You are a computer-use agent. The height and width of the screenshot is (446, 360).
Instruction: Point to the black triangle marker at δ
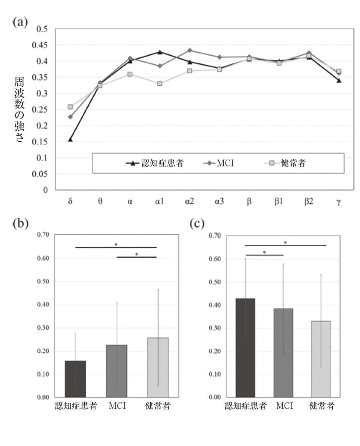(70, 139)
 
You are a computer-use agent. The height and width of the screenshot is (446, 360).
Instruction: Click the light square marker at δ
(70, 107)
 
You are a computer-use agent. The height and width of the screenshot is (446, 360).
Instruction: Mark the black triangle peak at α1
(160, 52)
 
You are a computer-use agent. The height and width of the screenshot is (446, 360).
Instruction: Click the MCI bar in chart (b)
(117, 371)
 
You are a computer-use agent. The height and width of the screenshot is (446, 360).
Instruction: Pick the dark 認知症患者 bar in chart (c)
(245, 347)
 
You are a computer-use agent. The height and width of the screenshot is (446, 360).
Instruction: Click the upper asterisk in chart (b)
(116, 244)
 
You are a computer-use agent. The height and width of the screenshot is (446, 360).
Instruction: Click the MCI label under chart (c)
(284, 406)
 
